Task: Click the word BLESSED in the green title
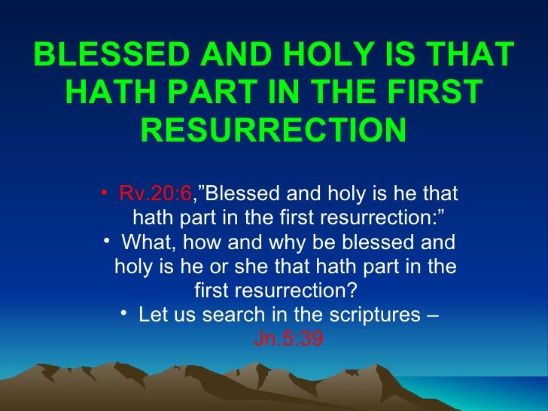(112, 54)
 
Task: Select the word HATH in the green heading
(111, 91)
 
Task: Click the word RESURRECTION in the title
(274, 129)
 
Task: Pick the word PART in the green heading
(213, 91)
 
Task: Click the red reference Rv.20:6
(156, 193)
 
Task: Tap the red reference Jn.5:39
(289, 338)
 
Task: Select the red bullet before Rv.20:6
(104, 192)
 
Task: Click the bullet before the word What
(107, 241)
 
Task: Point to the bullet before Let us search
(123, 313)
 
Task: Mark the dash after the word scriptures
(433, 315)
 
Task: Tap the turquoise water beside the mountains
(489, 391)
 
